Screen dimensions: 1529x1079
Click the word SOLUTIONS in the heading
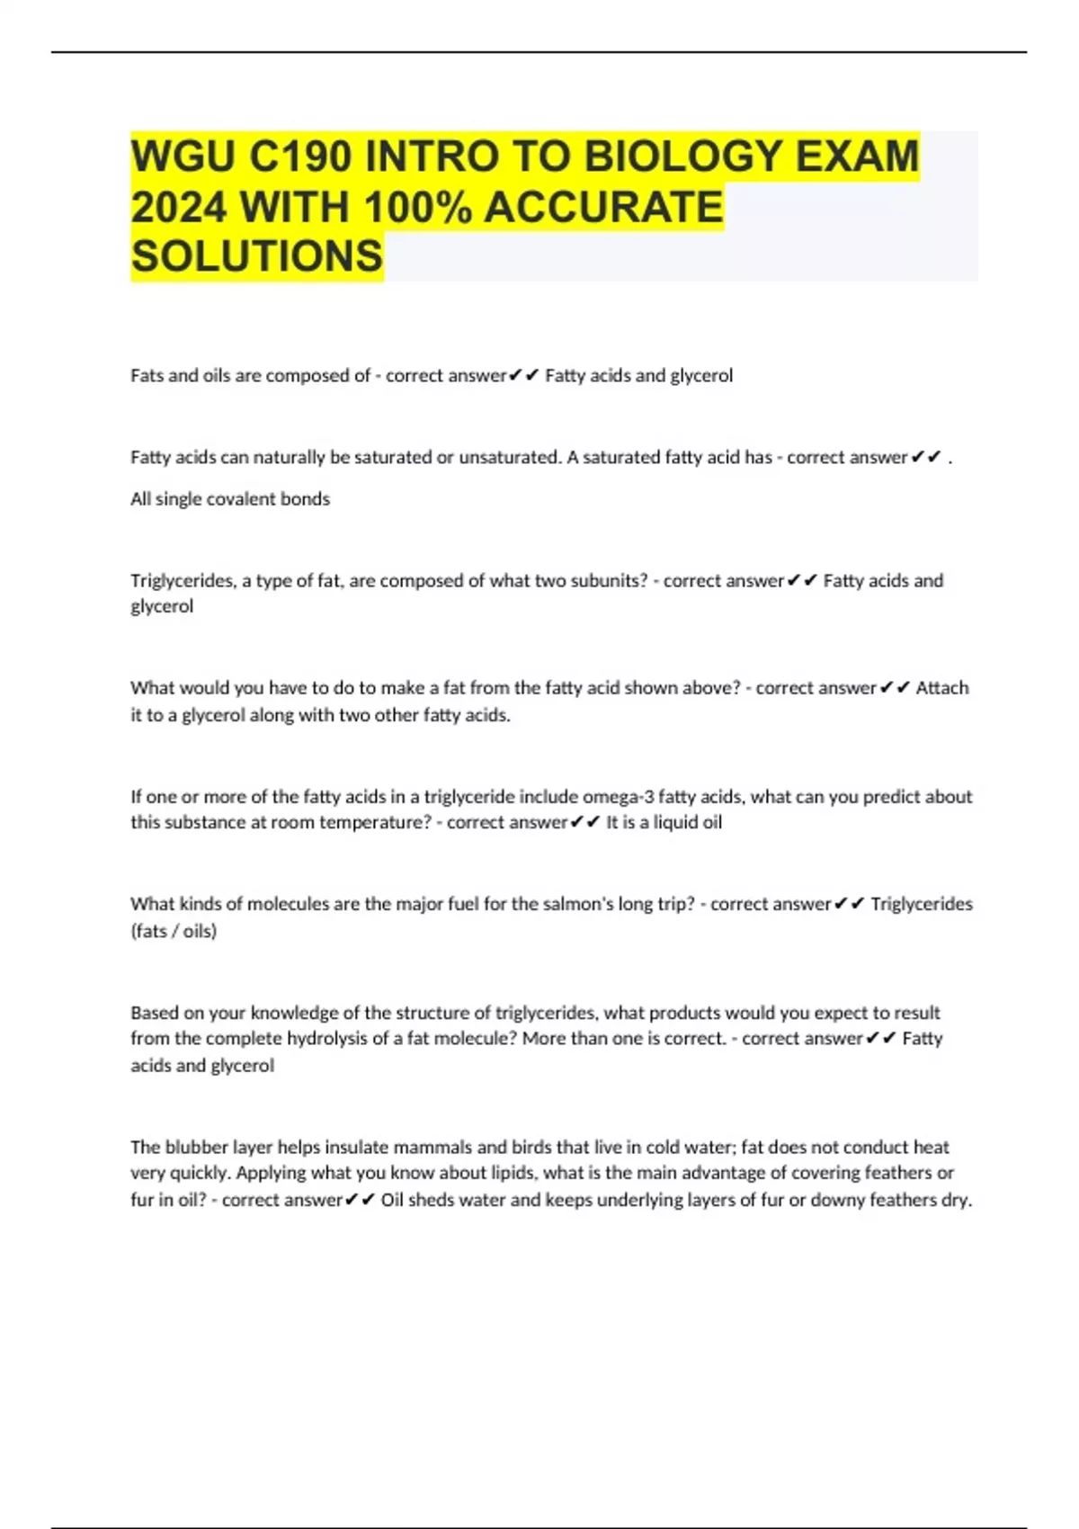click(257, 256)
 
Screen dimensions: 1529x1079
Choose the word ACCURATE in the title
click(603, 207)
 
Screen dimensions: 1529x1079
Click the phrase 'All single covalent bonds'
click(230, 499)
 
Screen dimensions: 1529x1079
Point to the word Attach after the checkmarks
click(941, 688)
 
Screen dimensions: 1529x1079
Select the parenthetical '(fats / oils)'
click(174, 931)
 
